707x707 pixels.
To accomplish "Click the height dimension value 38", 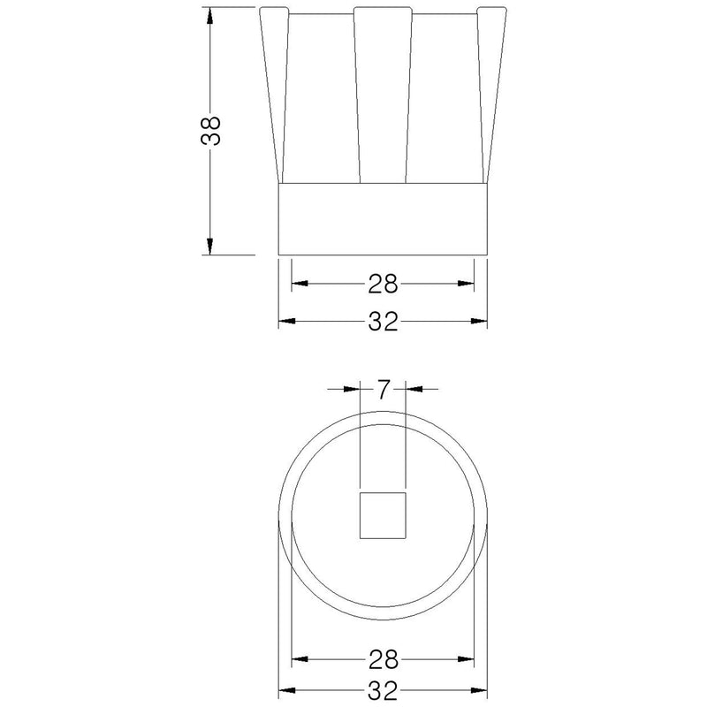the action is [210, 131].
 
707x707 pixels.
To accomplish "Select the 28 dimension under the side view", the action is [383, 284].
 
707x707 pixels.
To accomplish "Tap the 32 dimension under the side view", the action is [383, 322].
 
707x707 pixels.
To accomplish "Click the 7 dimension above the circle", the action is [383, 389].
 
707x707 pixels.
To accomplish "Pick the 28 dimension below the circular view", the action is [384, 659].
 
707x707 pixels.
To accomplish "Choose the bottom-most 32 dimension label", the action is [383, 690].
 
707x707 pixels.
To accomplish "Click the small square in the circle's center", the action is [383, 515].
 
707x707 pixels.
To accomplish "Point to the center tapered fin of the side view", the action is [383, 95].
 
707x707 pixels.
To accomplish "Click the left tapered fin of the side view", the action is [274, 95].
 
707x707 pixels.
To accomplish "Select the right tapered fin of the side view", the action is [491, 95].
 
